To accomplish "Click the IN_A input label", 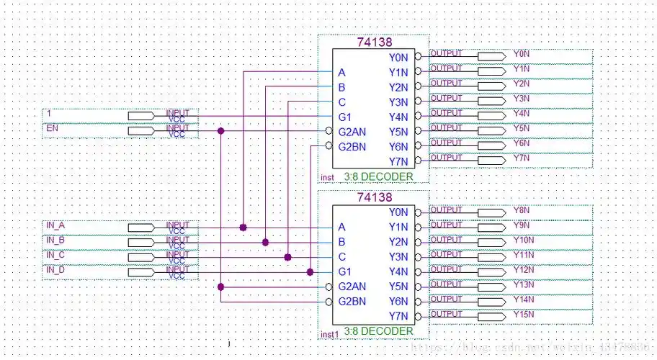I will (x=55, y=226).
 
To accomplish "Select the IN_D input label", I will (x=55, y=271).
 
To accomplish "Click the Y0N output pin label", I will (x=522, y=54).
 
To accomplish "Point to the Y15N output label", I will (x=524, y=314).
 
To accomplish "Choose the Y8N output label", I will (x=522, y=210).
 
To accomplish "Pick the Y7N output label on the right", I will (x=522, y=157).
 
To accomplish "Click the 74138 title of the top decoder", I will (x=375, y=42).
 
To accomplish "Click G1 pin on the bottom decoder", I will (x=344, y=271).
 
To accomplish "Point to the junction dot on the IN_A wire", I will (x=243, y=227).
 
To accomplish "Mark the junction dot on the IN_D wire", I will (x=310, y=271).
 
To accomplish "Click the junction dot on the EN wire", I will (x=220, y=131).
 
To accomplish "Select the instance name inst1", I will (x=329, y=335).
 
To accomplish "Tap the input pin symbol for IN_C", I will (x=141, y=257).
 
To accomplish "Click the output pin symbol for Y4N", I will (x=491, y=115).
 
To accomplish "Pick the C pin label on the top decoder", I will (x=342, y=102).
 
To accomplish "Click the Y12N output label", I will (x=524, y=269).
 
